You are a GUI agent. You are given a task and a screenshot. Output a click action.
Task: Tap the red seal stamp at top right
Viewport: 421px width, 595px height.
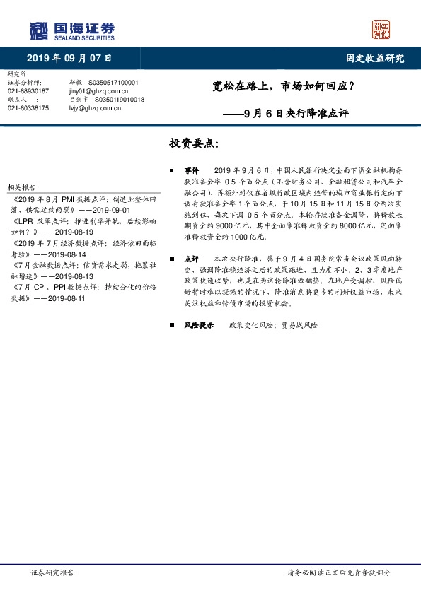tap(381, 29)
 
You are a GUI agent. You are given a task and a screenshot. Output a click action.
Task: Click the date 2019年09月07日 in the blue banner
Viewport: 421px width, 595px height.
tap(69, 59)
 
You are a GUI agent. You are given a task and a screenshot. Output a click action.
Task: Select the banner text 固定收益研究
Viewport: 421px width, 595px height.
tap(374, 59)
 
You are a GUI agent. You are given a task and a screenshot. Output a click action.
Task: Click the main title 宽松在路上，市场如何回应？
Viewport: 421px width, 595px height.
tap(284, 88)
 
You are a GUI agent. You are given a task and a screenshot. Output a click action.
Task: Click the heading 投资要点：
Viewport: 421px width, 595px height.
tap(194, 143)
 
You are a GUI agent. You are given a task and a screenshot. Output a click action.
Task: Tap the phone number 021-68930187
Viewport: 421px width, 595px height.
tap(28, 91)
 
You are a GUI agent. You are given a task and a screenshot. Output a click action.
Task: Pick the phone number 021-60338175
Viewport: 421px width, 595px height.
tap(28, 108)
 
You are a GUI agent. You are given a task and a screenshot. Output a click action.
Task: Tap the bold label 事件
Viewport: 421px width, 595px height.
tap(192, 171)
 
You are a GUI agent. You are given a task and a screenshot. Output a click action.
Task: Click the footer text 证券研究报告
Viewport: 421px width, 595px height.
tap(52, 573)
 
